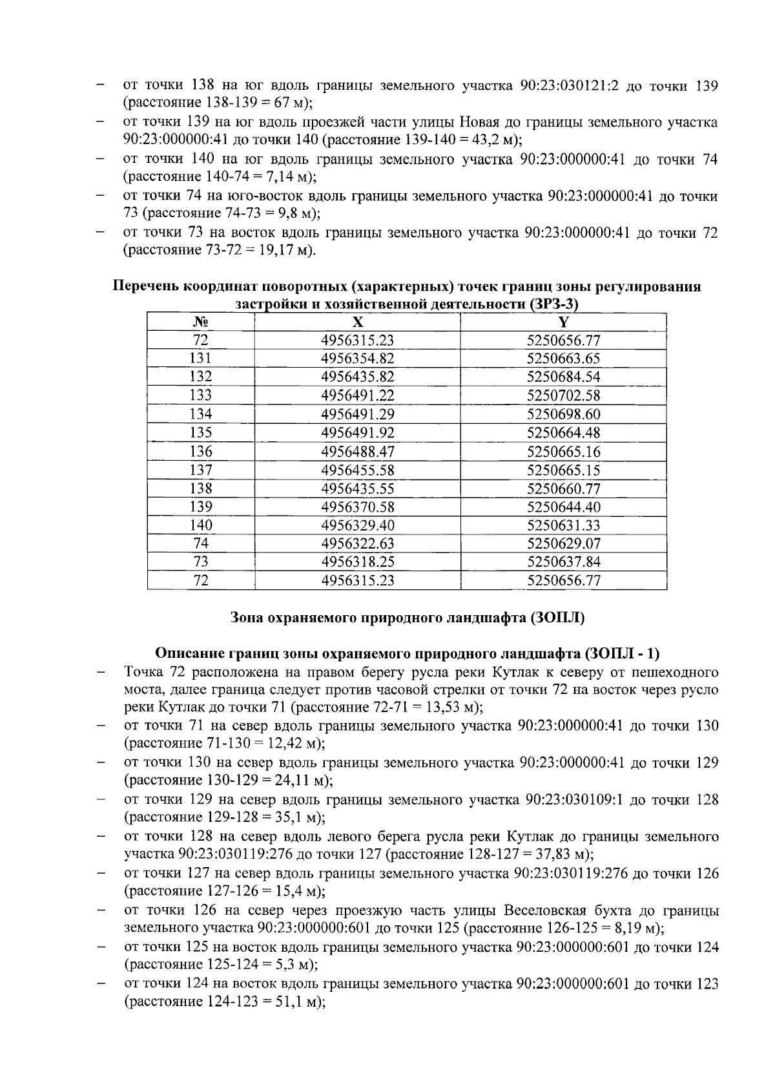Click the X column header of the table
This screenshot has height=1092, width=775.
click(357, 322)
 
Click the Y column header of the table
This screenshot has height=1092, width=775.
click(563, 322)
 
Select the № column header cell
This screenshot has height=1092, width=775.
click(201, 322)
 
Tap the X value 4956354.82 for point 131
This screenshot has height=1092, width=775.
click(357, 359)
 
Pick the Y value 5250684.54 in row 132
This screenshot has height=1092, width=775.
click(563, 377)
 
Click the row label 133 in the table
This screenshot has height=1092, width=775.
click(201, 395)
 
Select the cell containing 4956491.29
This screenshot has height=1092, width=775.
click(357, 414)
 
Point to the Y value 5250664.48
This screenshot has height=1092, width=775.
click(563, 432)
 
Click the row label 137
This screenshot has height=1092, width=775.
click(201, 470)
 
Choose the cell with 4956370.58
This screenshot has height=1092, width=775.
click(357, 507)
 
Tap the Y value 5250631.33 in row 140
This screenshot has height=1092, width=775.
click(563, 525)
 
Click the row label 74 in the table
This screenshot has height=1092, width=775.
click(201, 543)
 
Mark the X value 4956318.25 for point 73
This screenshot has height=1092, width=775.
click(357, 562)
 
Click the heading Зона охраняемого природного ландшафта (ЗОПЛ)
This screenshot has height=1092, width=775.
click(408, 618)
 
